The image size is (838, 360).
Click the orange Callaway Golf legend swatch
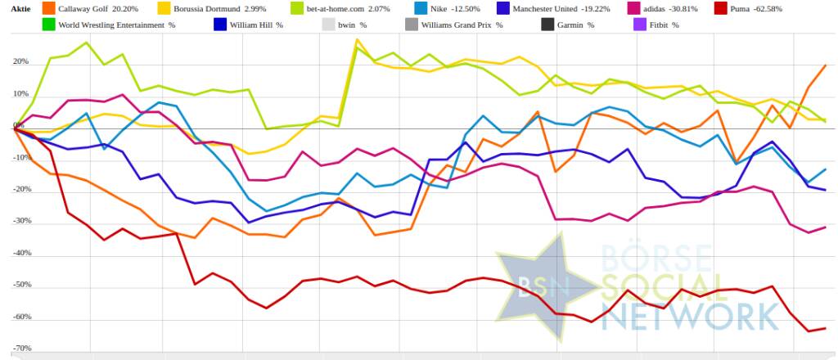click(48, 8)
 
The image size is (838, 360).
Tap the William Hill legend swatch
click(220, 25)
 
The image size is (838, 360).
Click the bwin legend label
click(354, 25)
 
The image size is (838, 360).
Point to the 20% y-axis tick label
click(20, 61)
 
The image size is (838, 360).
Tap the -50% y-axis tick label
click(20, 285)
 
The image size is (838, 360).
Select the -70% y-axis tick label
click(20, 349)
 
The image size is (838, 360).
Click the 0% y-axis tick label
click(18, 125)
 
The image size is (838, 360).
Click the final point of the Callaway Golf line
click(825, 65)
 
